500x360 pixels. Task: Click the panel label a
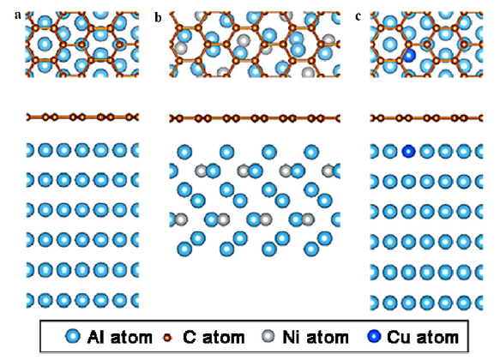click(x=18, y=15)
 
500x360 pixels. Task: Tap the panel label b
click(x=158, y=17)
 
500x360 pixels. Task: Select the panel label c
click(x=358, y=16)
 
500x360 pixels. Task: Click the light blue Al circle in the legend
click(x=73, y=336)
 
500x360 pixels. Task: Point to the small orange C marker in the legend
click(x=167, y=338)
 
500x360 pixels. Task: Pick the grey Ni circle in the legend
click(x=268, y=336)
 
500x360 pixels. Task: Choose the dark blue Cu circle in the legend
click(x=375, y=336)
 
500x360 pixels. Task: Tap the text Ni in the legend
click(x=289, y=337)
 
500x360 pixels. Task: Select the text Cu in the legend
click(x=396, y=337)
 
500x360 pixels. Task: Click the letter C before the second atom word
click(x=190, y=337)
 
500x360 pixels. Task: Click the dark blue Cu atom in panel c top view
click(x=409, y=56)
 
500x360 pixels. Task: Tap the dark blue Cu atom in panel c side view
click(x=408, y=151)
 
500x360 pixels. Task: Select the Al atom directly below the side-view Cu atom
click(x=408, y=181)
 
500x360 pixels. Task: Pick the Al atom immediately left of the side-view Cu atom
click(x=389, y=151)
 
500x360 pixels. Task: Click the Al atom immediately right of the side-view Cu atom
click(x=427, y=151)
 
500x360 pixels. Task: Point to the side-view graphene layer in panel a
click(x=82, y=117)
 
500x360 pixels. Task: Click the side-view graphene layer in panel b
click(x=255, y=118)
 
